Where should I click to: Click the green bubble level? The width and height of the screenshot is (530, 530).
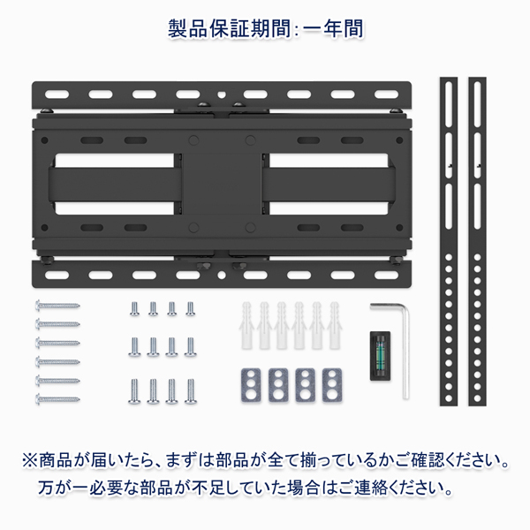[x=380, y=356]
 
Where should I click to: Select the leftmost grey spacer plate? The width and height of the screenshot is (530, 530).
[x=251, y=385]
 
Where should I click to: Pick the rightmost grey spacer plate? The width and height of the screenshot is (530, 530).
[x=332, y=385]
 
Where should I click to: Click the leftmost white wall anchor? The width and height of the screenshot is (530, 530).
[x=246, y=325]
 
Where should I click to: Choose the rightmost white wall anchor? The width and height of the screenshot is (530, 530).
[x=334, y=325]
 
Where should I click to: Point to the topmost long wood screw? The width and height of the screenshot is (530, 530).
[x=57, y=306]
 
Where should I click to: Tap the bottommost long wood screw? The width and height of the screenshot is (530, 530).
[x=57, y=399]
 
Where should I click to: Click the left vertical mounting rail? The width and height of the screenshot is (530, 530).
[x=449, y=241]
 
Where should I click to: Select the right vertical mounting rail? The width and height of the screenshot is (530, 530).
[x=477, y=241]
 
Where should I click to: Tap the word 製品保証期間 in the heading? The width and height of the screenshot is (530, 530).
[x=229, y=28]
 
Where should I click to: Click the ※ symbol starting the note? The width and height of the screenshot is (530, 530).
[x=30, y=460]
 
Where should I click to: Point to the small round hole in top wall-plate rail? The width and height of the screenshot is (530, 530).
[x=222, y=95]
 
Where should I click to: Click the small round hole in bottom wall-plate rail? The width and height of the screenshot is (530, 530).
[x=222, y=275]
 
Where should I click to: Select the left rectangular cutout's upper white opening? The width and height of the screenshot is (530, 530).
[x=115, y=160]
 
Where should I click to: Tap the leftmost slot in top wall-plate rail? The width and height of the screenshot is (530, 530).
[x=57, y=95]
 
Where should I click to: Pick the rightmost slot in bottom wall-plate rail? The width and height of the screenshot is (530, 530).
[x=386, y=275]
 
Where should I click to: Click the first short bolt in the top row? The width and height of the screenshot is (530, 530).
[x=134, y=308]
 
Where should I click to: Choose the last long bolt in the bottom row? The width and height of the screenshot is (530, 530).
[x=190, y=391]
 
